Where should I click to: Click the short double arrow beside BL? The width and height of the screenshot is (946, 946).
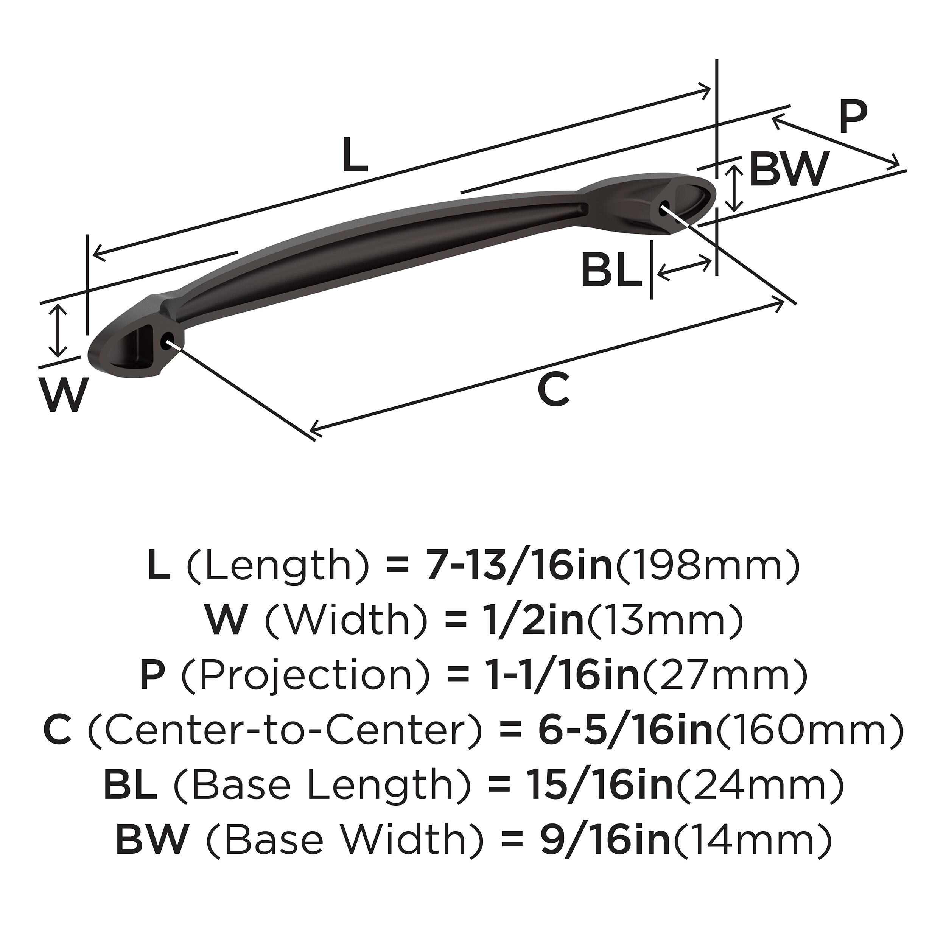[x=684, y=268]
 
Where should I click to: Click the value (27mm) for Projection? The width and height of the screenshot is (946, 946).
[x=724, y=676]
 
